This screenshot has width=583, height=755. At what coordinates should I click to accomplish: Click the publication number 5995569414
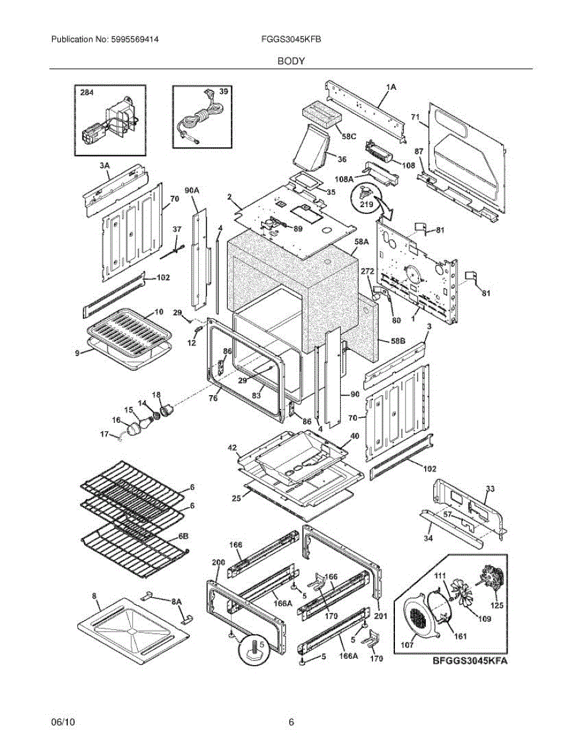133,39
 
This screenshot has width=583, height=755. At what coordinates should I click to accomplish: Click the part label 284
86,92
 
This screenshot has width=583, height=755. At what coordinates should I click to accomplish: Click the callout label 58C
350,137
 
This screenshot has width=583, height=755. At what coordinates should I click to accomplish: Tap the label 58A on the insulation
361,241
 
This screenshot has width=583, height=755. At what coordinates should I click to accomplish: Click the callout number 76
213,398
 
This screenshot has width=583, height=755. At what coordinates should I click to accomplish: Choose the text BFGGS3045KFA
469,661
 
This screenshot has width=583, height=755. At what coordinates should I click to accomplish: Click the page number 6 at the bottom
291,722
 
